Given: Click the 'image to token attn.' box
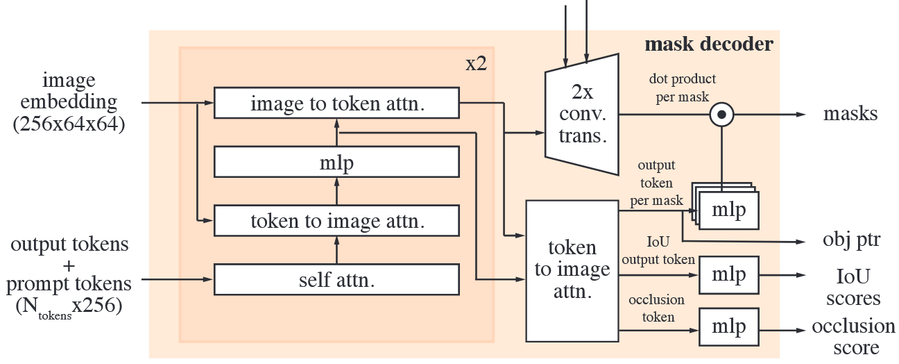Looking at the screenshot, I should point(336,103).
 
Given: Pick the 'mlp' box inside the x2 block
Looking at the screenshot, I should point(336,162).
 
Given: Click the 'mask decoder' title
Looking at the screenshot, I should point(708,45).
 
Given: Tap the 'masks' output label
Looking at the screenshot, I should point(850,114).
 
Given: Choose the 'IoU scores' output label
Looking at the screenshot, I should point(853,286).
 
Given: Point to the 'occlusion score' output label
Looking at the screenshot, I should point(853,336).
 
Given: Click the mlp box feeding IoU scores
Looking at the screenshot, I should point(729,275).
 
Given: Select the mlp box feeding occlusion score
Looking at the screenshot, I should point(729,326).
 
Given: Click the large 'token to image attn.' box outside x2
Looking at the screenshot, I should point(572,270).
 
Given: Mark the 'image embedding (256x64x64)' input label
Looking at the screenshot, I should point(69,102).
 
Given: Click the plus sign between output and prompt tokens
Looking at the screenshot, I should point(69,265).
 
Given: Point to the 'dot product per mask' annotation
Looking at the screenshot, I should point(682,88).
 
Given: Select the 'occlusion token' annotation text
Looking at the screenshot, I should point(656,308).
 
